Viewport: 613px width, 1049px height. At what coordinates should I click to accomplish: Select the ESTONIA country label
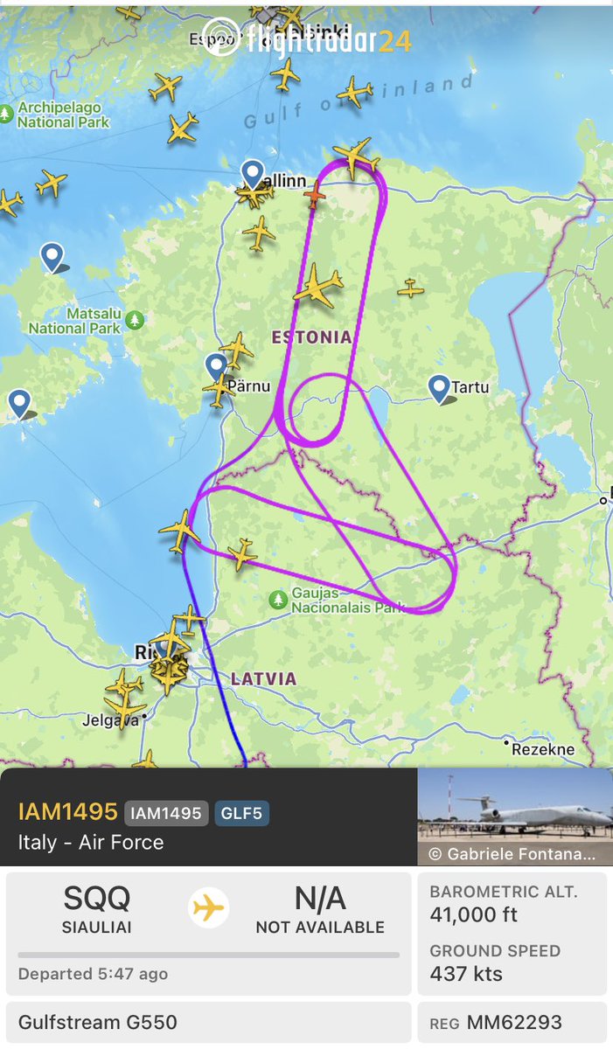pyautogui.click(x=311, y=337)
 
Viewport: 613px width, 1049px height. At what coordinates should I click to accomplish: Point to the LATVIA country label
pyautogui.click(x=263, y=678)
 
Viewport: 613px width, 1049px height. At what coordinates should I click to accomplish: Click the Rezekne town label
pyautogui.click(x=543, y=749)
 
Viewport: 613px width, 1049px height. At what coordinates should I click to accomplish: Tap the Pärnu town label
pyautogui.click(x=249, y=385)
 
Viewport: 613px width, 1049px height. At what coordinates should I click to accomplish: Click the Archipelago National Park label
pyautogui.click(x=64, y=115)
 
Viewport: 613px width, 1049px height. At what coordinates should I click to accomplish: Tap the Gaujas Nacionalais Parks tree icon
pyautogui.click(x=278, y=599)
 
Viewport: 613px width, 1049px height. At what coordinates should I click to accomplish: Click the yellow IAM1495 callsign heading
pyautogui.click(x=67, y=811)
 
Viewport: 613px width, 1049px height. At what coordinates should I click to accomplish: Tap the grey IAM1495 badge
pyautogui.click(x=166, y=813)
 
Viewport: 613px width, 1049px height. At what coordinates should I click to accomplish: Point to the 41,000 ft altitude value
pyautogui.click(x=473, y=915)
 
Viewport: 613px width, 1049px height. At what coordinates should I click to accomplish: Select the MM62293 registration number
pyautogui.click(x=514, y=1023)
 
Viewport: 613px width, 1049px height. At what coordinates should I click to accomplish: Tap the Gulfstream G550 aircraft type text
pyautogui.click(x=97, y=1022)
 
